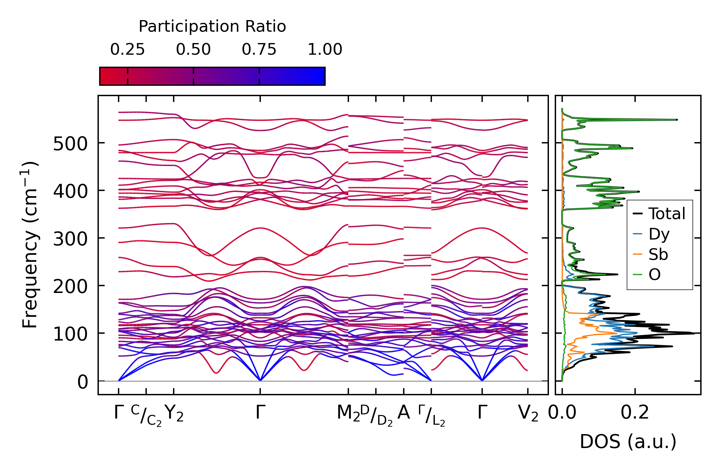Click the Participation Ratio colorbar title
(x=212, y=27)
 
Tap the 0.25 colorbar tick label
(x=127, y=50)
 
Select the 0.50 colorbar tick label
(x=193, y=50)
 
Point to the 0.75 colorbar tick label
(x=259, y=50)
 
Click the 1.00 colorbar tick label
(x=325, y=50)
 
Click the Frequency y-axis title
(x=30, y=245)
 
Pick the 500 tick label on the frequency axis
(x=70, y=144)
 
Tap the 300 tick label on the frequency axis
(x=70, y=239)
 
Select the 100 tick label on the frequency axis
(x=70, y=334)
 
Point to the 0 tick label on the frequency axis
(x=83, y=382)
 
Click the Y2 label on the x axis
(x=174, y=413)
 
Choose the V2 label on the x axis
(x=528, y=413)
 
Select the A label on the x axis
(x=404, y=413)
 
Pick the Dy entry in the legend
(x=659, y=234)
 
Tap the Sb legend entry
(x=658, y=254)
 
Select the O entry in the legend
(x=655, y=275)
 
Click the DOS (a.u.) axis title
(x=628, y=442)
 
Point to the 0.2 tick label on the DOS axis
(x=635, y=413)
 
